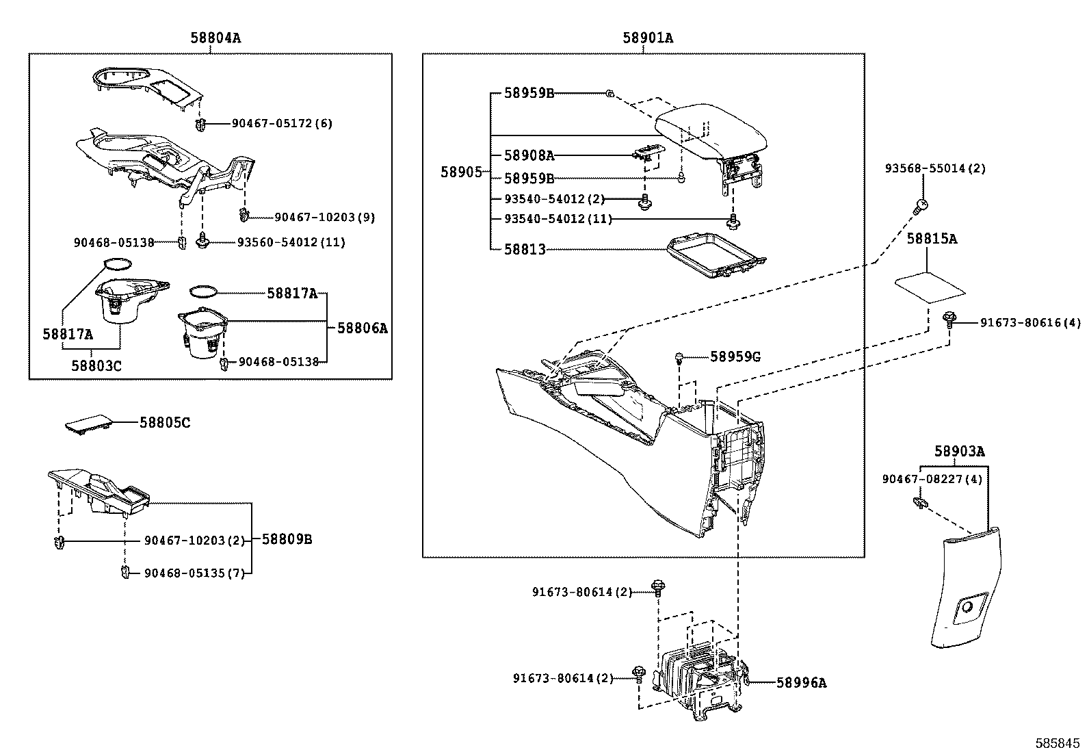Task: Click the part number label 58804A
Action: coord(215,38)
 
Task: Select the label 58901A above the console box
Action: coord(647,38)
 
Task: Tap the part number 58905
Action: coord(461,172)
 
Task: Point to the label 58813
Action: coord(525,250)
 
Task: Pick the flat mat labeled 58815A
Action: coord(930,287)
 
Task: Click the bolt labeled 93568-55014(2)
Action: coord(921,203)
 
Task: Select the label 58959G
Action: coord(735,356)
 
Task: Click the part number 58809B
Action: coord(287,539)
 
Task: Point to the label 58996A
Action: coord(802,682)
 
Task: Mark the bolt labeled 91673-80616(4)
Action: coord(949,318)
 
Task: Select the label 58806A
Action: coord(363,328)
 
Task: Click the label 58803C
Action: coord(96,365)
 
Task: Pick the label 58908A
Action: coord(529,155)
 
